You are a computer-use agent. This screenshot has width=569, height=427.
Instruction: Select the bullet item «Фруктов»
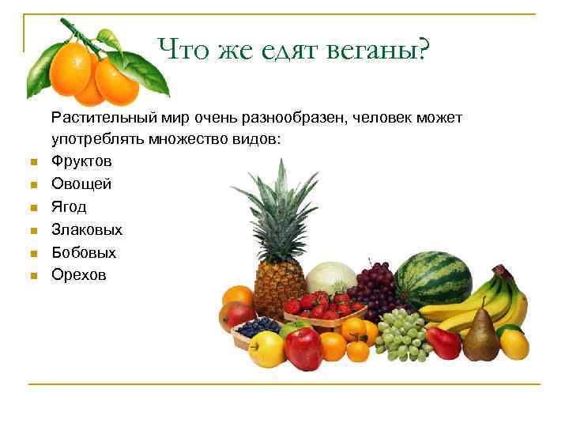coord(81,161)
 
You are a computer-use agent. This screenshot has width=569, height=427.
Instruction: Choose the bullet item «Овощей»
coord(81,184)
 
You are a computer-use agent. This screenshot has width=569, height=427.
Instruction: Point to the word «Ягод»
coord(69,207)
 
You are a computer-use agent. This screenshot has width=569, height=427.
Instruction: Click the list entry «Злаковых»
coord(87,230)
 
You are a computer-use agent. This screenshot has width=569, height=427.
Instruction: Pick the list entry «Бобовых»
coord(84,253)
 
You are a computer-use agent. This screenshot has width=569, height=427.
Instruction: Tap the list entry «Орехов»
coord(78,276)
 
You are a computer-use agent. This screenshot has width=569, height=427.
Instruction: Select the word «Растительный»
coord(99,118)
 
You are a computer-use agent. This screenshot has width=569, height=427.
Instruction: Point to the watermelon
coord(431,278)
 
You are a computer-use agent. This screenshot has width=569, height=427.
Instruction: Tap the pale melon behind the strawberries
coord(330,278)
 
